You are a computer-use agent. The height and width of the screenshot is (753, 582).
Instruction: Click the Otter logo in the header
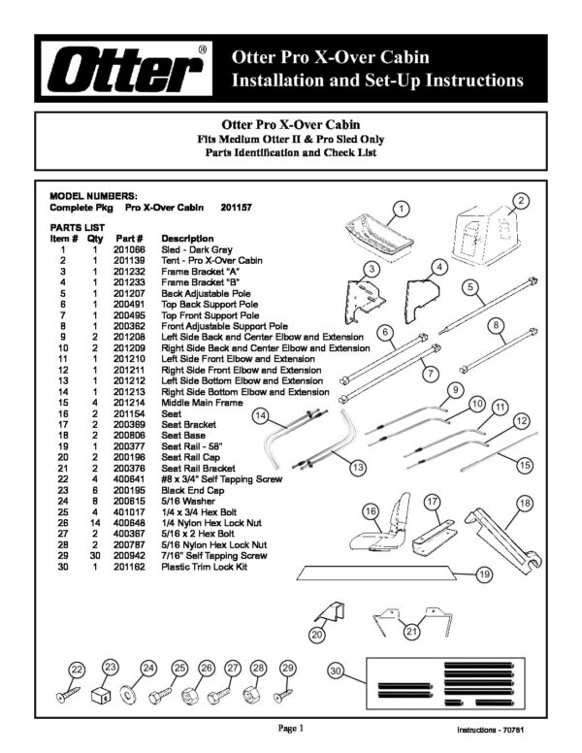[127, 68]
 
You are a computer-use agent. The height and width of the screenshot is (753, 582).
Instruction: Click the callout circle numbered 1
[401, 209]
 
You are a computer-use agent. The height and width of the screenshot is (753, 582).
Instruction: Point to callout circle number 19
[485, 573]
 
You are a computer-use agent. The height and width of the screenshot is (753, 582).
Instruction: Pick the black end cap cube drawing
[100, 695]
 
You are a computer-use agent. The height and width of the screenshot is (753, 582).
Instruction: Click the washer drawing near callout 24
[127, 696]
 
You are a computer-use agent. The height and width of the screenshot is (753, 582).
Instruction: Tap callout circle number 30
[336, 671]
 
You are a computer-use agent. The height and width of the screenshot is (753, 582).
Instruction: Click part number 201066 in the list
[129, 249]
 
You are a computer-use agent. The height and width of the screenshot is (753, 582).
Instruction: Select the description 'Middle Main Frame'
[202, 403]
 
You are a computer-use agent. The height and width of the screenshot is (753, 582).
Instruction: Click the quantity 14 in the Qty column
[95, 523]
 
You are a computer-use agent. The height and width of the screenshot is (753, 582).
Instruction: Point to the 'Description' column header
[187, 239]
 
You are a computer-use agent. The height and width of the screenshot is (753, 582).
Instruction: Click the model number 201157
[236, 208]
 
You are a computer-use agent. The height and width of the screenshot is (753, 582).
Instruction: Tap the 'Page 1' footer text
[291, 729]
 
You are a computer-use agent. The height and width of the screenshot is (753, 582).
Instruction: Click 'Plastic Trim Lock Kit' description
[204, 567]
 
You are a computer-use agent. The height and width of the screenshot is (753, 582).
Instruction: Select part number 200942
[129, 556]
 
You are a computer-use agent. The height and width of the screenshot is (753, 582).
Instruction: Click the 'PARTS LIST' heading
[78, 228]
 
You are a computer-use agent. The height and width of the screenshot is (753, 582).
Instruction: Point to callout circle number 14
[260, 415]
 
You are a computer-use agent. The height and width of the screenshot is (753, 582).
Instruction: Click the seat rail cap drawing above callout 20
[332, 611]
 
